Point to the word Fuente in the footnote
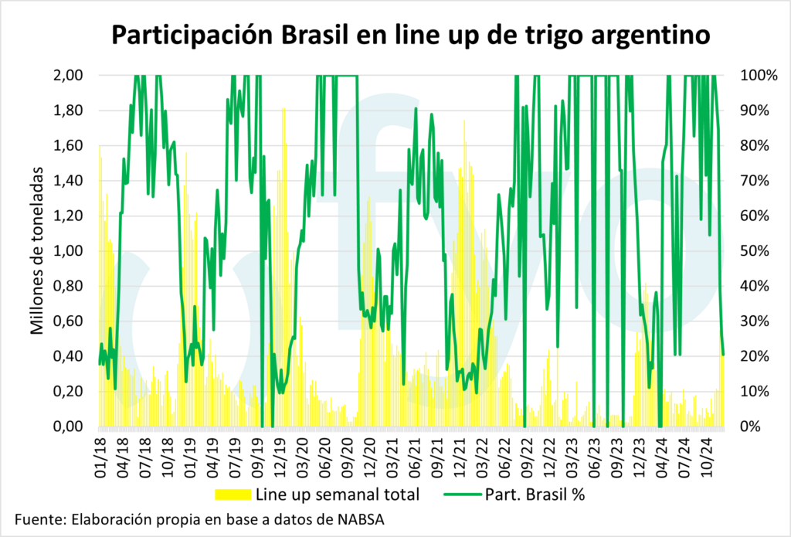[38, 519]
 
